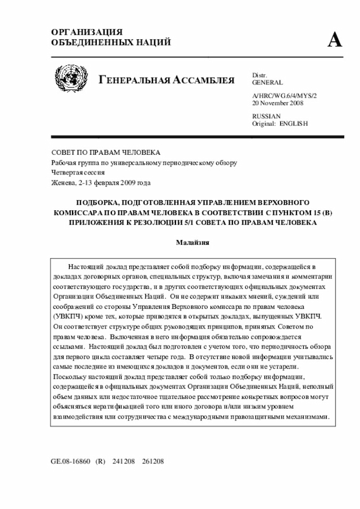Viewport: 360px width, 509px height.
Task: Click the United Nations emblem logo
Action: (x=70, y=79)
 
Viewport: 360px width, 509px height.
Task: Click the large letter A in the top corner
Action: (x=335, y=39)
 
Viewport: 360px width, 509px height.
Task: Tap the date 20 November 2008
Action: (x=278, y=103)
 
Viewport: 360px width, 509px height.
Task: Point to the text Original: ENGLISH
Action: (x=280, y=124)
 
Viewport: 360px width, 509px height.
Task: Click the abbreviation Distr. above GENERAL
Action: (x=259, y=75)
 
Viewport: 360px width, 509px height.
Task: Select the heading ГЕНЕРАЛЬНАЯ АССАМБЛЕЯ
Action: (x=166, y=79)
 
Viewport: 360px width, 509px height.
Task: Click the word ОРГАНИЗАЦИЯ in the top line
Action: (x=87, y=32)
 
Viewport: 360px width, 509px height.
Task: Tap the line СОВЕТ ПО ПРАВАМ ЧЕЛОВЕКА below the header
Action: (x=106, y=152)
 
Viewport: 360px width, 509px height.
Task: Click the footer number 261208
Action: (x=153, y=461)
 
